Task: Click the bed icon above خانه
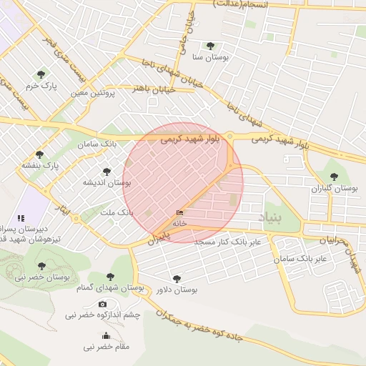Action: (179, 213)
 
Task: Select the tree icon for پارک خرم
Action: (40, 74)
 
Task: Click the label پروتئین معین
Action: (89, 93)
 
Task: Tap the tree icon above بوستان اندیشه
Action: (107, 172)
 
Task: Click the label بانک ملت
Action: (117, 213)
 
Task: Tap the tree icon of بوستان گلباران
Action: (333, 176)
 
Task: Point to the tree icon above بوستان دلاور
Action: (177, 279)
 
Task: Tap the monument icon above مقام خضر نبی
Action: (107, 336)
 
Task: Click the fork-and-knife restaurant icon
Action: (21, 217)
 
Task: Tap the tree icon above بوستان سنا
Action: (210, 45)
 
